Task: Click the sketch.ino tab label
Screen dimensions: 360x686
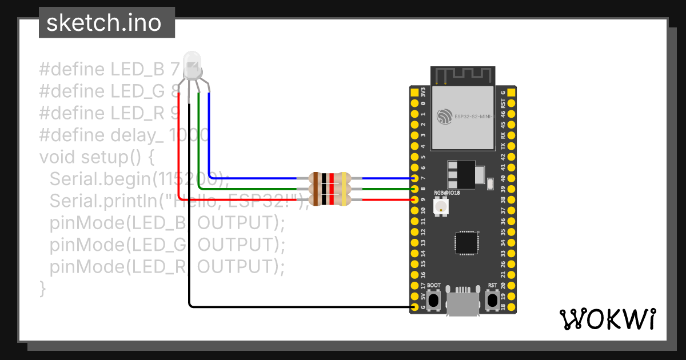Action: [103, 23]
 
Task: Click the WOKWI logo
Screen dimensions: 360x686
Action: [607, 319]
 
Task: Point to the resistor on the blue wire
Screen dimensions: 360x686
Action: [329, 178]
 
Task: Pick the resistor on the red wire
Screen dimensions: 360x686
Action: [329, 199]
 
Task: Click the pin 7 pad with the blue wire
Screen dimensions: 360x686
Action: [414, 178]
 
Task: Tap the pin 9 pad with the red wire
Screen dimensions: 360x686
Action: [414, 199]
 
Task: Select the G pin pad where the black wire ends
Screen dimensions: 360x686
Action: [414, 307]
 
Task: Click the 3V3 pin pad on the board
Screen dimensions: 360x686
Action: [414, 91]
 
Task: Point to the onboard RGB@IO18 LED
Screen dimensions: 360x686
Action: [441, 206]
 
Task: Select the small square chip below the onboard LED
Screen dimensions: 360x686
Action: [466, 242]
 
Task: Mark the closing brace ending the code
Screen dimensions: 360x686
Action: [42, 287]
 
